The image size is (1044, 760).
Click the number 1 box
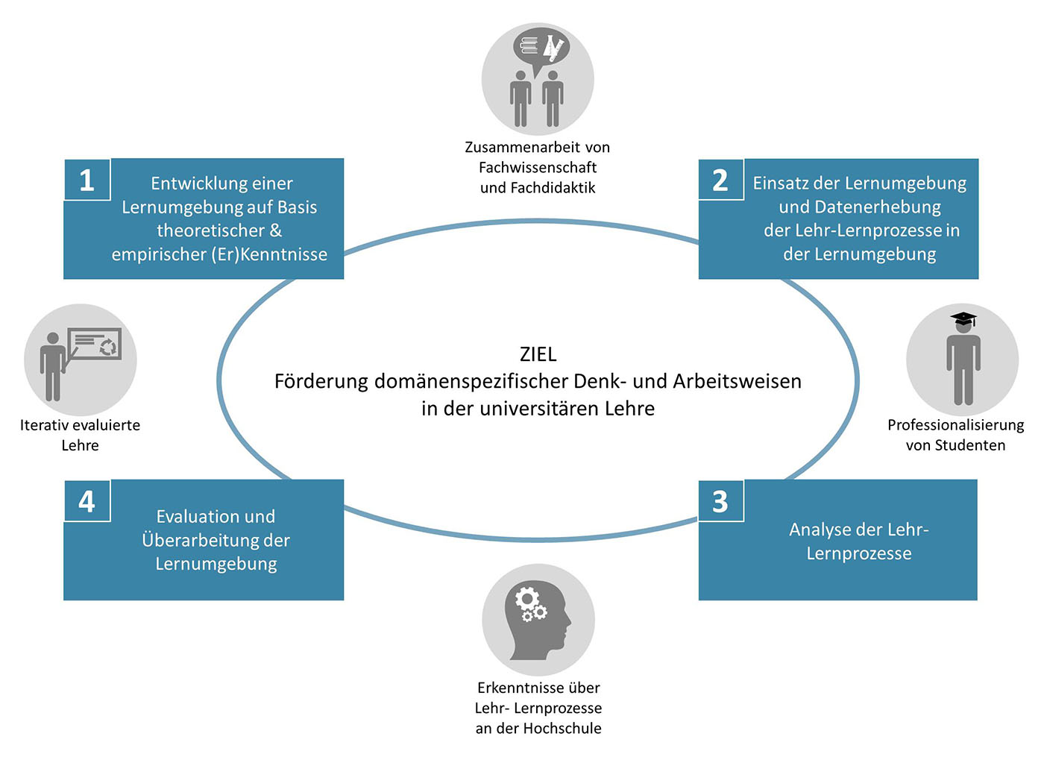[87, 180]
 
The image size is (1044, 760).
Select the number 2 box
[721, 180]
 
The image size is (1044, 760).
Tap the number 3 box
[721, 501]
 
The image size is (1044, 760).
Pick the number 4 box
[87, 501]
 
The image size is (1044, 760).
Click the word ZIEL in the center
[538, 354]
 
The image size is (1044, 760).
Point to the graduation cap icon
[963, 319]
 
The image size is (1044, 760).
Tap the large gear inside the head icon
[526, 598]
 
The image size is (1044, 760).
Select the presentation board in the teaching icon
[95, 344]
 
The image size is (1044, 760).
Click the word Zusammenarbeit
[516, 148]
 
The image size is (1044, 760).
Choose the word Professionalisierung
[955, 425]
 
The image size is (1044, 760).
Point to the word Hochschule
[568, 728]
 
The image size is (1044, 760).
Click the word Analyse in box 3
[819, 530]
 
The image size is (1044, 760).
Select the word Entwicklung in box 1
[195, 183]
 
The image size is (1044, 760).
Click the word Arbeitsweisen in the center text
[737, 381]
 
